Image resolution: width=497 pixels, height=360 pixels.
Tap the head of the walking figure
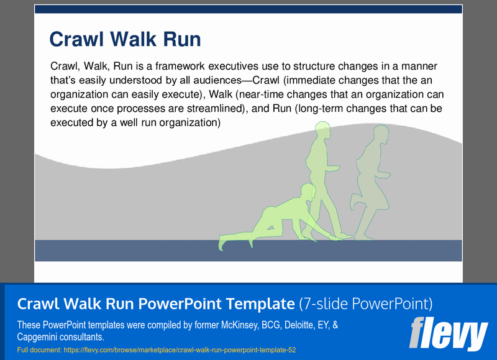coord(322,131)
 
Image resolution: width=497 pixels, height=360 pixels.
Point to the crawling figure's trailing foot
coord(222,243)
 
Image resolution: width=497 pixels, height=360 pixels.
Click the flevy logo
coord(448,334)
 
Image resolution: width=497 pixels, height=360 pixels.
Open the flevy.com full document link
coord(180,350)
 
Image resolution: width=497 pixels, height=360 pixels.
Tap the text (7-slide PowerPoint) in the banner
coord(365,304)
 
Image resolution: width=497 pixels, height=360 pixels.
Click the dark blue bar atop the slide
coord(248,9)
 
